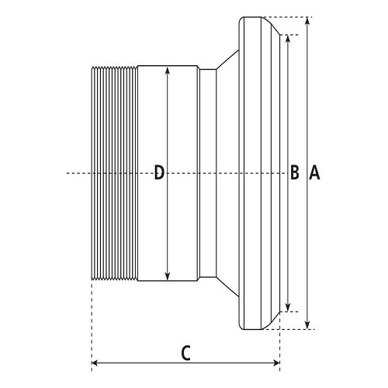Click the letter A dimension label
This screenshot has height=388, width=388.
tap(314, 173)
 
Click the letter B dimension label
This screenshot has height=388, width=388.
tap(295, 172)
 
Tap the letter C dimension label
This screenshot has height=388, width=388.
tap(185, 353)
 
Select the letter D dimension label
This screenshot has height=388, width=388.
tap(159, 172)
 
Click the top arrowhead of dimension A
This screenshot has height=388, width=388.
tap(307, 21)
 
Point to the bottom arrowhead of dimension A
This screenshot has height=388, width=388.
tap(307, 325)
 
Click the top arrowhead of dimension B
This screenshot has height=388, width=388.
tap(288, 38)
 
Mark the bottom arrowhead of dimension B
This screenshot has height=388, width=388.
tap(288, 307)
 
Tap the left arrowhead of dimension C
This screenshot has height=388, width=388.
tap(95, 363)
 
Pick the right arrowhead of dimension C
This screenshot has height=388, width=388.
tap(276, 363)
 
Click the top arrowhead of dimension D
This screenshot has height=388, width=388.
tap(168, 71)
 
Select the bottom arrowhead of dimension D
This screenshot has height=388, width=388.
tap(168, 275)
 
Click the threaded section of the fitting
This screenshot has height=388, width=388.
tap(114, 173)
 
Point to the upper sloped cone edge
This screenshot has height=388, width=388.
tap(227, 60)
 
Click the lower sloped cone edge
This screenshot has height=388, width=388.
tap(227, 286)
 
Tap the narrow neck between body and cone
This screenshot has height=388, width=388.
tap(208, 173)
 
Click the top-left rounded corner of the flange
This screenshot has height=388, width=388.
tap(240, 19)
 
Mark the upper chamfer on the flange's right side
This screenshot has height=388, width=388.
tap(271, 26)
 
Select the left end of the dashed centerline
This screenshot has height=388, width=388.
tap(67, 173)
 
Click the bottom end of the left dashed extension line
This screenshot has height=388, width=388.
tap(92, 371)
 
